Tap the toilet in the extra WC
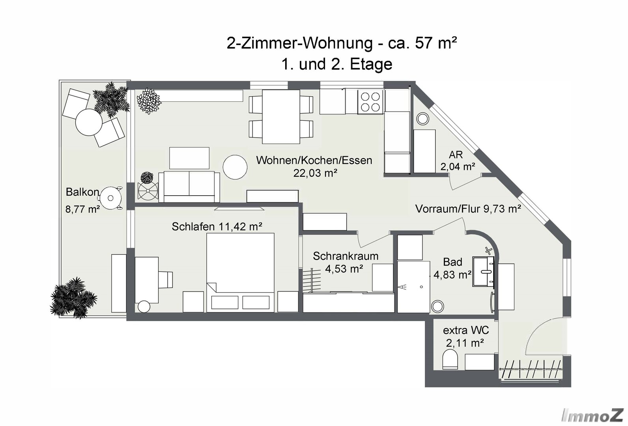(x=450, y=361)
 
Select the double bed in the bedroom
(x=240, y=273)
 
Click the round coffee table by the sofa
(x=235, y=167)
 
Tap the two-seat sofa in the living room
(x=189, y=187)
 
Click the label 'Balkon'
(x=82, y=192)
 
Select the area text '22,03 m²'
(x=315, y=173)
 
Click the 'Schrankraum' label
(x=346, y=256)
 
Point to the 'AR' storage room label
(x=456, y=155)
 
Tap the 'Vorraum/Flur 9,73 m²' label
(x=468, y=209)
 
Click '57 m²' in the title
(x=436, y=43)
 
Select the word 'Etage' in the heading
(x=371, y=65)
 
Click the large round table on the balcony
(x=89, y=122)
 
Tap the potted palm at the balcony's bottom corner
(x=73, y=298)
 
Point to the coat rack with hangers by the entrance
(x=531, y=369)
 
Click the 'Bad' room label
(x=452, y=262)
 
